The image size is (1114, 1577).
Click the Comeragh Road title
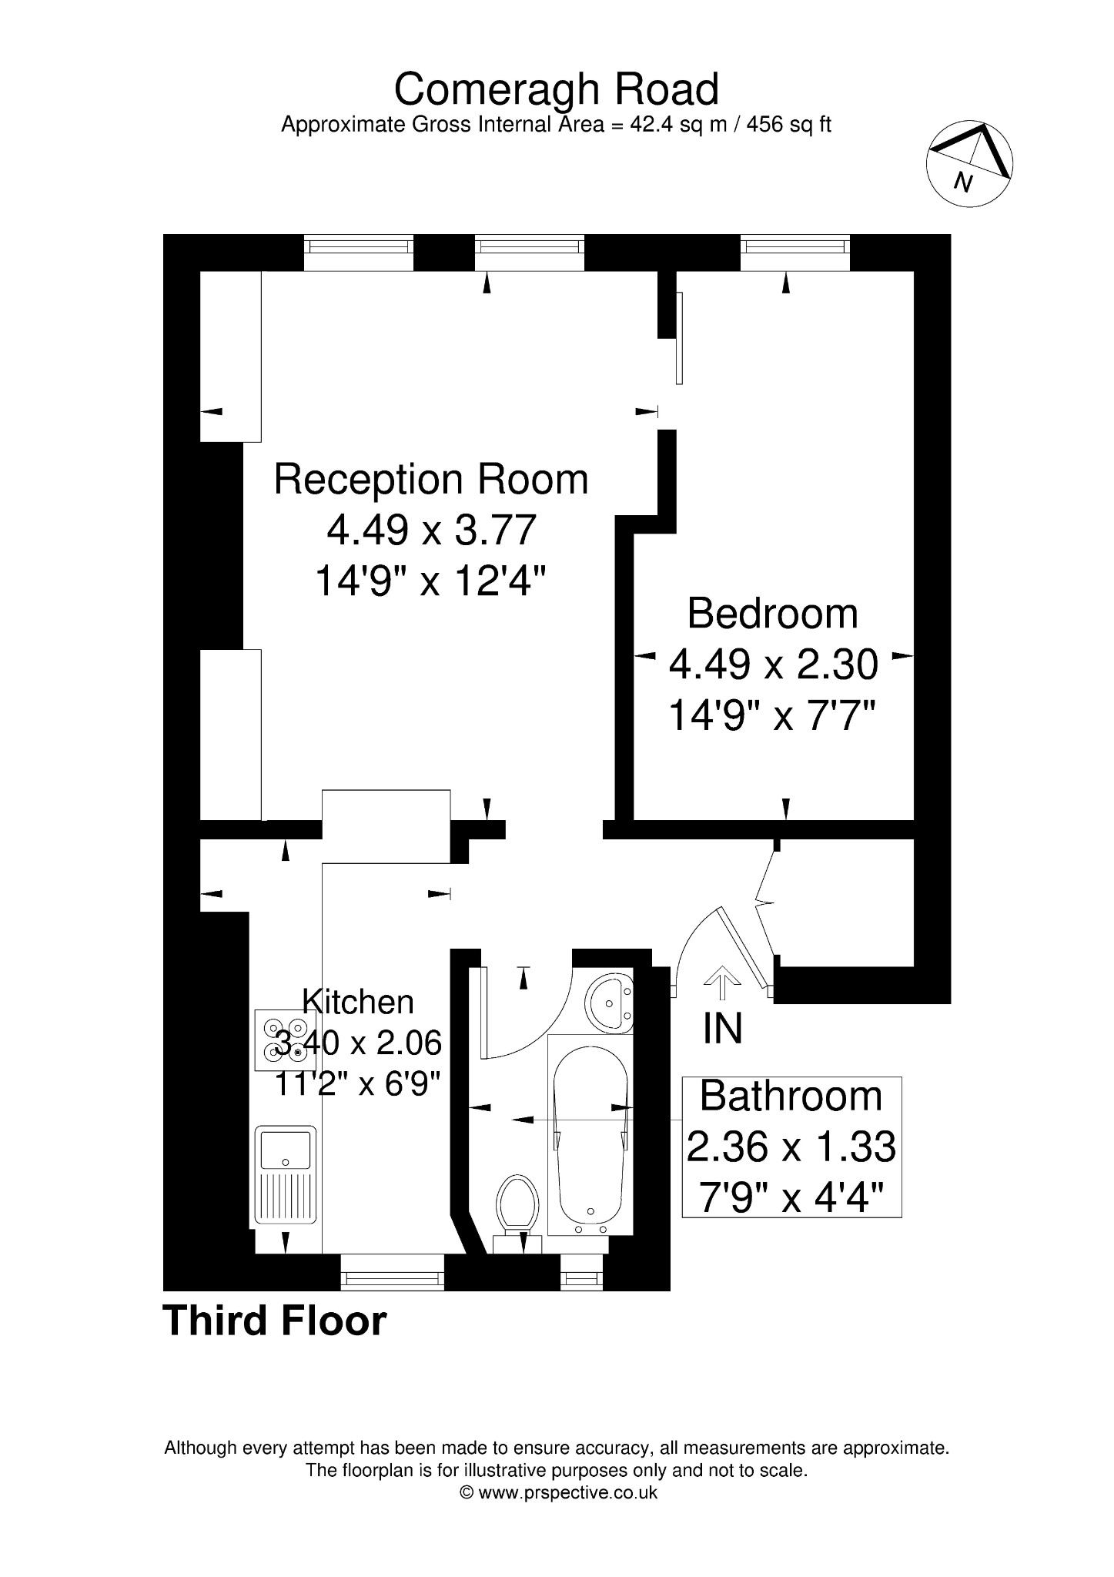coord(556,89)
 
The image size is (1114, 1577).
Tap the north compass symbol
coord(968,163)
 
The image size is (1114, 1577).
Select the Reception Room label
coord(431,479)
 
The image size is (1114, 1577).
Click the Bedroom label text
coord(772,614)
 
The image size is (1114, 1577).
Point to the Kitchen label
coord(358,1002)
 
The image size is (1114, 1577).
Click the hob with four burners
coord(283,1040)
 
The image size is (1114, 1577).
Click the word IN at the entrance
coord(722,1029)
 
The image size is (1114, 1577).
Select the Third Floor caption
coord(275,1321)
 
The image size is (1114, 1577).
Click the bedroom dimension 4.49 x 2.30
coord(773,665)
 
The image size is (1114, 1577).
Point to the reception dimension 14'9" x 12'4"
coord(431,581)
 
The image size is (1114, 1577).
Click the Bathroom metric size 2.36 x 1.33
coord(791,1147)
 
